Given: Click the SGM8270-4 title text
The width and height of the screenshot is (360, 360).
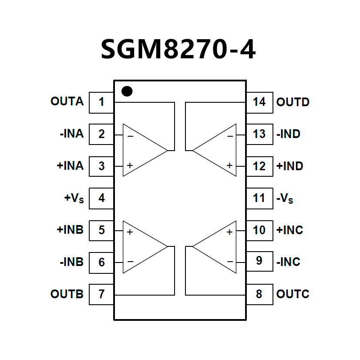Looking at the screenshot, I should (x=178, y=49).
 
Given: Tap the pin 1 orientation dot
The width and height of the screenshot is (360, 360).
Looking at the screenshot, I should (x=127, y=91).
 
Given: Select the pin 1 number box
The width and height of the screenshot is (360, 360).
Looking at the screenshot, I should (x=101, y=102).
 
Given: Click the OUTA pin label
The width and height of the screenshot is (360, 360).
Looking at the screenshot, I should (x=67, y=102).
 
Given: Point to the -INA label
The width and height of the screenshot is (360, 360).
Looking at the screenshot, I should (x=71, y=134).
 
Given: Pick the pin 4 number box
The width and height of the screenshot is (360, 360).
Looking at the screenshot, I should (x=101, y=198).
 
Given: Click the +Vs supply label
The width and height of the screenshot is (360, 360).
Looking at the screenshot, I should (x=74, y=199).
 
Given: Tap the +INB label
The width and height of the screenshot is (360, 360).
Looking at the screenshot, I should (x=70, y=230).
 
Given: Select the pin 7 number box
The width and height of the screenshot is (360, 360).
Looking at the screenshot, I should (x=101, y=294).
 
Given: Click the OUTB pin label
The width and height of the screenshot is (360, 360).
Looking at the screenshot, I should (x=67, y=294).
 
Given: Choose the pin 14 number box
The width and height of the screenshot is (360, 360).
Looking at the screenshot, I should (x=259, y=102).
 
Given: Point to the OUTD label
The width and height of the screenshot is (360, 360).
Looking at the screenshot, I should (x=293, y=102).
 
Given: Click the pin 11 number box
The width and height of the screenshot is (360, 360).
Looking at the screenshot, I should (x=259, y=198).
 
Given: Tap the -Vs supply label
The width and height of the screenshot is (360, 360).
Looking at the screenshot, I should (x=285, y=199).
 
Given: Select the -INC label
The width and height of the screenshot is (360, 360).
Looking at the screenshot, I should (x=288, y=262).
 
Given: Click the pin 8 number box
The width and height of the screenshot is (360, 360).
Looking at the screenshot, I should (x=259, y=294).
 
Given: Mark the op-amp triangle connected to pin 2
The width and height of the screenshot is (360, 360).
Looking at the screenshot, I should (x=141, y=150).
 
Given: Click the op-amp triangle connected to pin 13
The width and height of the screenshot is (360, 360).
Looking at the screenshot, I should (x=218, y=150).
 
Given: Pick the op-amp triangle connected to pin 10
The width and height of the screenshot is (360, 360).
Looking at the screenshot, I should (x=218, y=247).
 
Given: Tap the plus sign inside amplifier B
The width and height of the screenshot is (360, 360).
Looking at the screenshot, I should (x=130, y=232).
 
